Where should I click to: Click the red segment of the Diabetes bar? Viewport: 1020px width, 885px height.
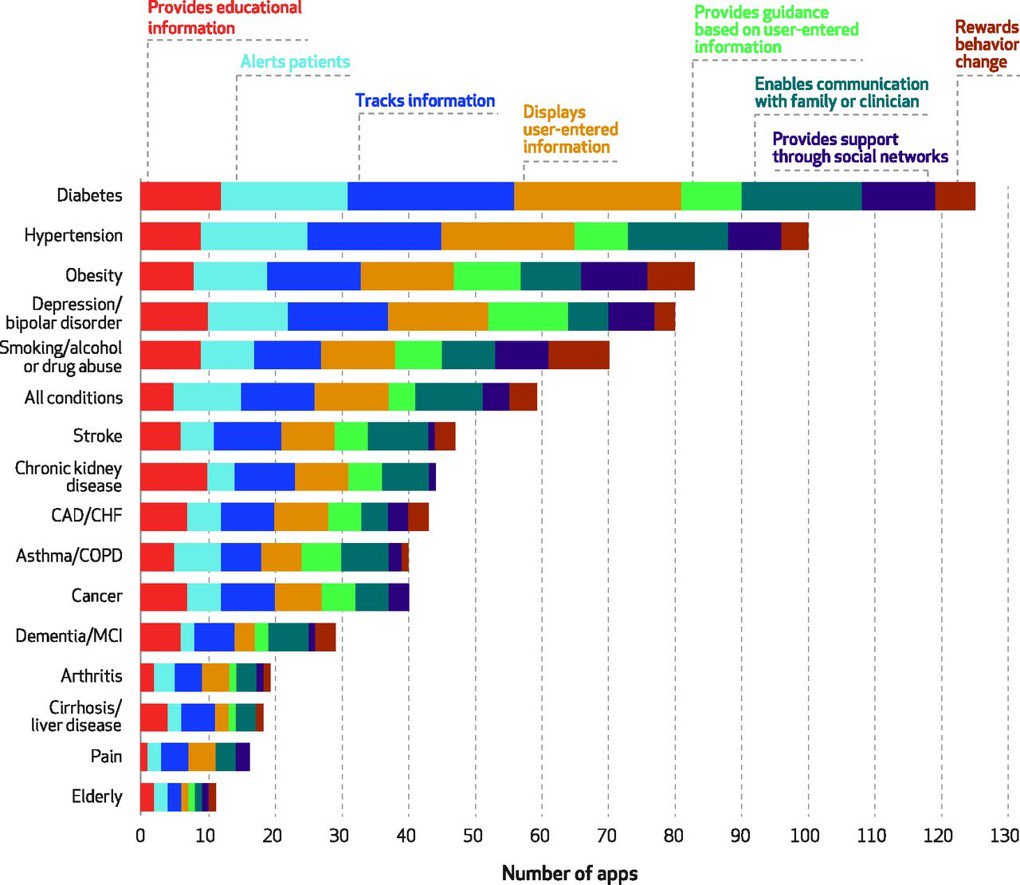click(x=180, y=196)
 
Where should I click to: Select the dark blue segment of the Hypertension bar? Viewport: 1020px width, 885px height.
click(x=374, y=236)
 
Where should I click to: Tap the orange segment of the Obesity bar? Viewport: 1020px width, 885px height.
click(x=406, y=276)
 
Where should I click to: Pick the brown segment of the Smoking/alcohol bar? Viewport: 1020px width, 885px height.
click(x=578, y=356)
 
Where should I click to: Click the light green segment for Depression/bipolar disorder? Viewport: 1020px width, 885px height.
click(x=527, y=316)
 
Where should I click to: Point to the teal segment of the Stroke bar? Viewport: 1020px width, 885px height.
click(x=397, y=437)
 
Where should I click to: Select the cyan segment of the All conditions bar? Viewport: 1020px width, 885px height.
click(x=207, y=397)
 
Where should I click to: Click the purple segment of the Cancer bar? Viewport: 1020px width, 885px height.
click(x=398, y=597)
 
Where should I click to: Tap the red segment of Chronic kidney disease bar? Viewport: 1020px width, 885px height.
click(x=173, y=477)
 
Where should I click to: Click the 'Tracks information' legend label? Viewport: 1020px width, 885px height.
click(x=425, y=101)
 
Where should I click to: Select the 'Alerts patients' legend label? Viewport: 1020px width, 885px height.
click(x=295, y=62)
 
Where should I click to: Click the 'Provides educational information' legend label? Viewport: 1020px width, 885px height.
click(x=224, y=17)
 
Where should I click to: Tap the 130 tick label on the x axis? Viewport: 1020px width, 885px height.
click(x=1005, y=836)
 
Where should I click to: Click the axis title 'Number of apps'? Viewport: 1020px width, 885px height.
click(x=569, y=872)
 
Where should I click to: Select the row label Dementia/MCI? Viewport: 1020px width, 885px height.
click(x=69, y=635)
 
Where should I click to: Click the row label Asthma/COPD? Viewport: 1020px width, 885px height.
click(x=69, y=556)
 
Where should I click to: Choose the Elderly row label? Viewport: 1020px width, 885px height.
click(x=96, y=796)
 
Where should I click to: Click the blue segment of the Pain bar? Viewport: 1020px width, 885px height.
click(x=174, y=757)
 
